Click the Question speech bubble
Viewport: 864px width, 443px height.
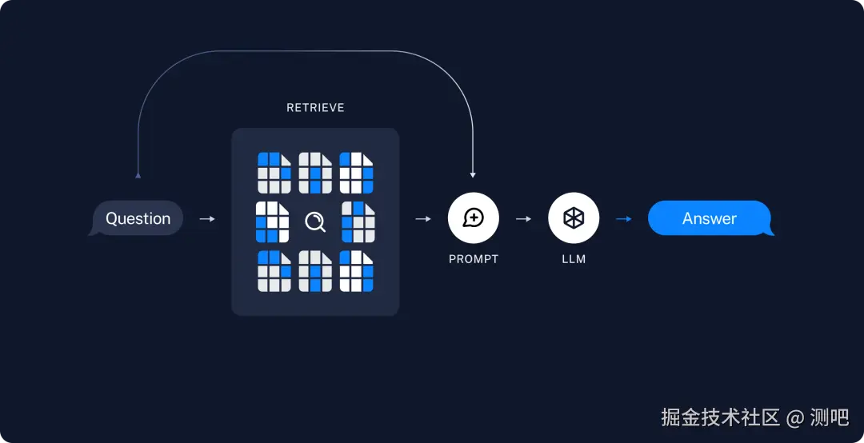138,218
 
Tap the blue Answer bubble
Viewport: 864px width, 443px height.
710,218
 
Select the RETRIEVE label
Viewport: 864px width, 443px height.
315,107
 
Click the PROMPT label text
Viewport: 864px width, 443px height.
473,259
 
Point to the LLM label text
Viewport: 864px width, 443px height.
574,259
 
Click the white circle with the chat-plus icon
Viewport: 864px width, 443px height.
473,218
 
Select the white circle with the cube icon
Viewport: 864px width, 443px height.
574,218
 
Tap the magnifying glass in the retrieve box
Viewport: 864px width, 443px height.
315,221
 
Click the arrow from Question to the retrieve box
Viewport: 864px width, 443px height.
206,218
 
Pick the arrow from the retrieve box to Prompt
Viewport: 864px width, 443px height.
423,218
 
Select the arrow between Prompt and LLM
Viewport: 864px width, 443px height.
523,218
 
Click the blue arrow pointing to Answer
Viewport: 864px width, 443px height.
623,218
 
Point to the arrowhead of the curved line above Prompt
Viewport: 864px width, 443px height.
473,174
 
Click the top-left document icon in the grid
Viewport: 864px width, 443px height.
274,172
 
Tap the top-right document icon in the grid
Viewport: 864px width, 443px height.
357,172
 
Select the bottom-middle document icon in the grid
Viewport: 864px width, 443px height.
315,271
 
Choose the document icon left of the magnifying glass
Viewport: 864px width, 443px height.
272,221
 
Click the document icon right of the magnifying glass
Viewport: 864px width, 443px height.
358,221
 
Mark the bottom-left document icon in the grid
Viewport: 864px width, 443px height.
274,271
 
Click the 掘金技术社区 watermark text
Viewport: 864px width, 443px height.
720,417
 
